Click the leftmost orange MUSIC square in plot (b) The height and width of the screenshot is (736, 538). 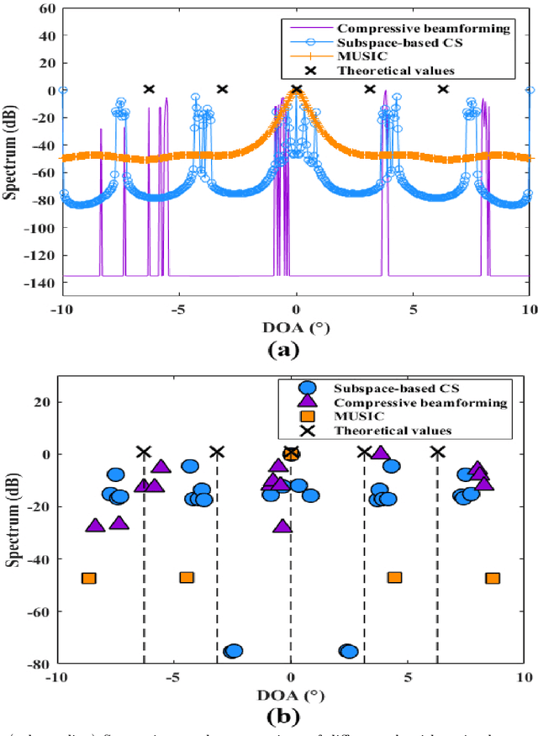[x=88, y=578]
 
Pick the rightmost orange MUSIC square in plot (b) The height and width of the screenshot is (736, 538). [x=493, y=578]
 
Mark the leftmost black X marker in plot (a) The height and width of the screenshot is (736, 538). [x=149, y=89]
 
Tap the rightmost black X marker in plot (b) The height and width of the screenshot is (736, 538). [x=437, y=453]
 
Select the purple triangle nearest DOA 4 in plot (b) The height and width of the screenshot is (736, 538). [x=380, y=453]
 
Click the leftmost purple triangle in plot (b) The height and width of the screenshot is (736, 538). [x=95, y=526]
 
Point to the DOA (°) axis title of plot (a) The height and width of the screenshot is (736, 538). [x=295, y=328]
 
